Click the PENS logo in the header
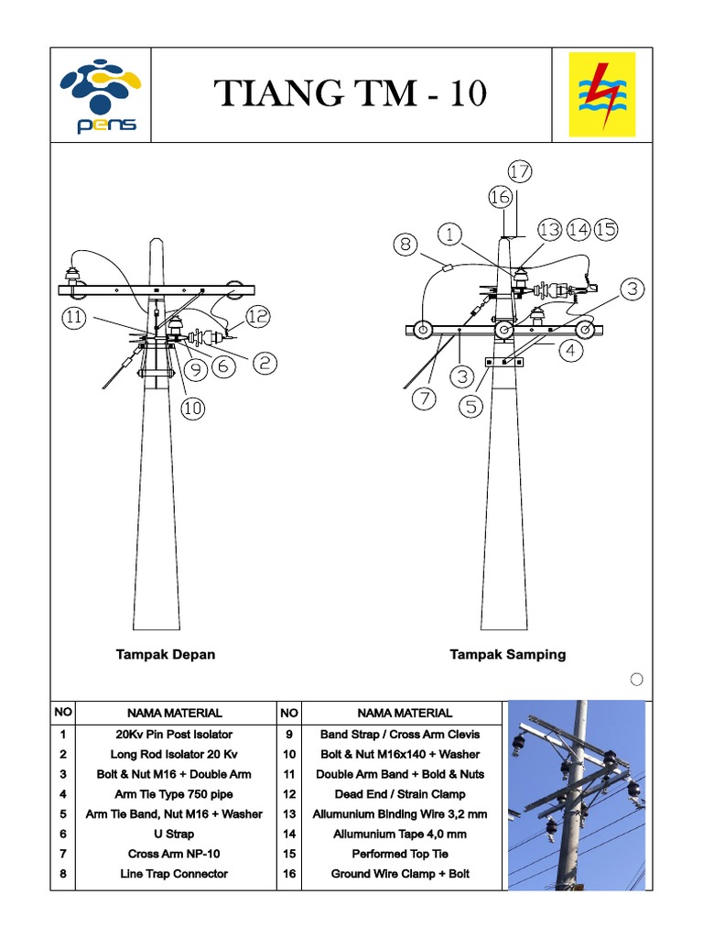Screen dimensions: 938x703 99,96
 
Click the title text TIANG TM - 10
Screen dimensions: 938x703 351,94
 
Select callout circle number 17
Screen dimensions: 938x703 520,171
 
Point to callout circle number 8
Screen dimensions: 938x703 406,245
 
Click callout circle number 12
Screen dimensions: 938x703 258,316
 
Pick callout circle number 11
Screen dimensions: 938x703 76,318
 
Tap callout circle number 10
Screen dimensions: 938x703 191,409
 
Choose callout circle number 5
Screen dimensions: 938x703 470,406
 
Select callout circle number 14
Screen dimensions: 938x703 578,230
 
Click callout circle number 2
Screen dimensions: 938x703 265,364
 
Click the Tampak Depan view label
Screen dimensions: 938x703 166,654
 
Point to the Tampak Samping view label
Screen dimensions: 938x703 507,654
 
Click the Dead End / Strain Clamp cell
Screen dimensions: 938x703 400,793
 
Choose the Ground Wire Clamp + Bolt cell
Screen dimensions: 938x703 400,873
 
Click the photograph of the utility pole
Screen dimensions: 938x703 576,793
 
